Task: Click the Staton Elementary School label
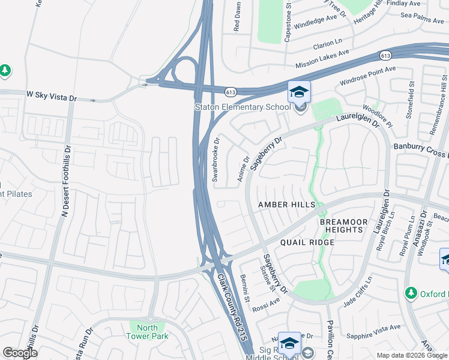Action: (242, 107)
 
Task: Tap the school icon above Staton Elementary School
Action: (299, 92)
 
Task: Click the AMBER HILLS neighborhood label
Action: (287, 205)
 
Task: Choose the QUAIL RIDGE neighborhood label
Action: (307, 242)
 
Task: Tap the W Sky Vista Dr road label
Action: (52, 97)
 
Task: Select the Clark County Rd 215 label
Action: (233, 305)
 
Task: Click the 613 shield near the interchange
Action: (231, 92)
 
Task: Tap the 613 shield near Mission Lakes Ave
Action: (385, 55)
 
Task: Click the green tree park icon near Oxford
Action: (411, 293)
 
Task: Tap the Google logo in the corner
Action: (20, 353)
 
